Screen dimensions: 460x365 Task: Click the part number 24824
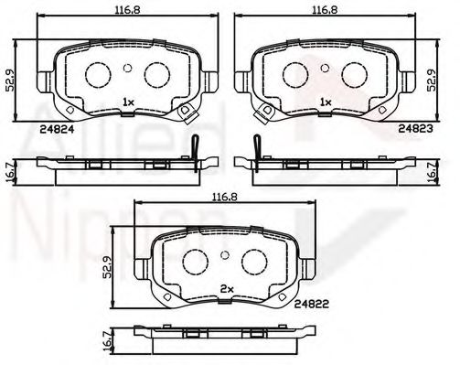[x=57, y=130]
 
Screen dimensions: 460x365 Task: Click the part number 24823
[x=415, y=129]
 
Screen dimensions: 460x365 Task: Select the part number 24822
[x=312, y=304]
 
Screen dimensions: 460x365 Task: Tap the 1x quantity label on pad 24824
[x=128, y=102]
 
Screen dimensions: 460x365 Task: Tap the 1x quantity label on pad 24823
[x=326, y=102]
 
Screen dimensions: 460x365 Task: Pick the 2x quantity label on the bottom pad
[x=227, y=290]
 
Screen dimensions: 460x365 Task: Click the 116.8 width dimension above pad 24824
[x=127, y=10]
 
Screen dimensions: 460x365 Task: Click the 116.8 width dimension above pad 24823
[x=325, y=10]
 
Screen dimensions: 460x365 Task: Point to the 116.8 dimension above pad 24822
[x=225, y=198]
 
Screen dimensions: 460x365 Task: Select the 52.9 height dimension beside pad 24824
[x=10, y=81]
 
